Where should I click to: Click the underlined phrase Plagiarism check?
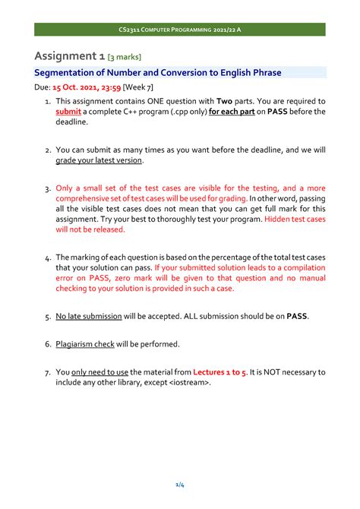coord(85,344)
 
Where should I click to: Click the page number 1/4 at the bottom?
coord(179,484)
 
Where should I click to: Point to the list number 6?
coord(47,344)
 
